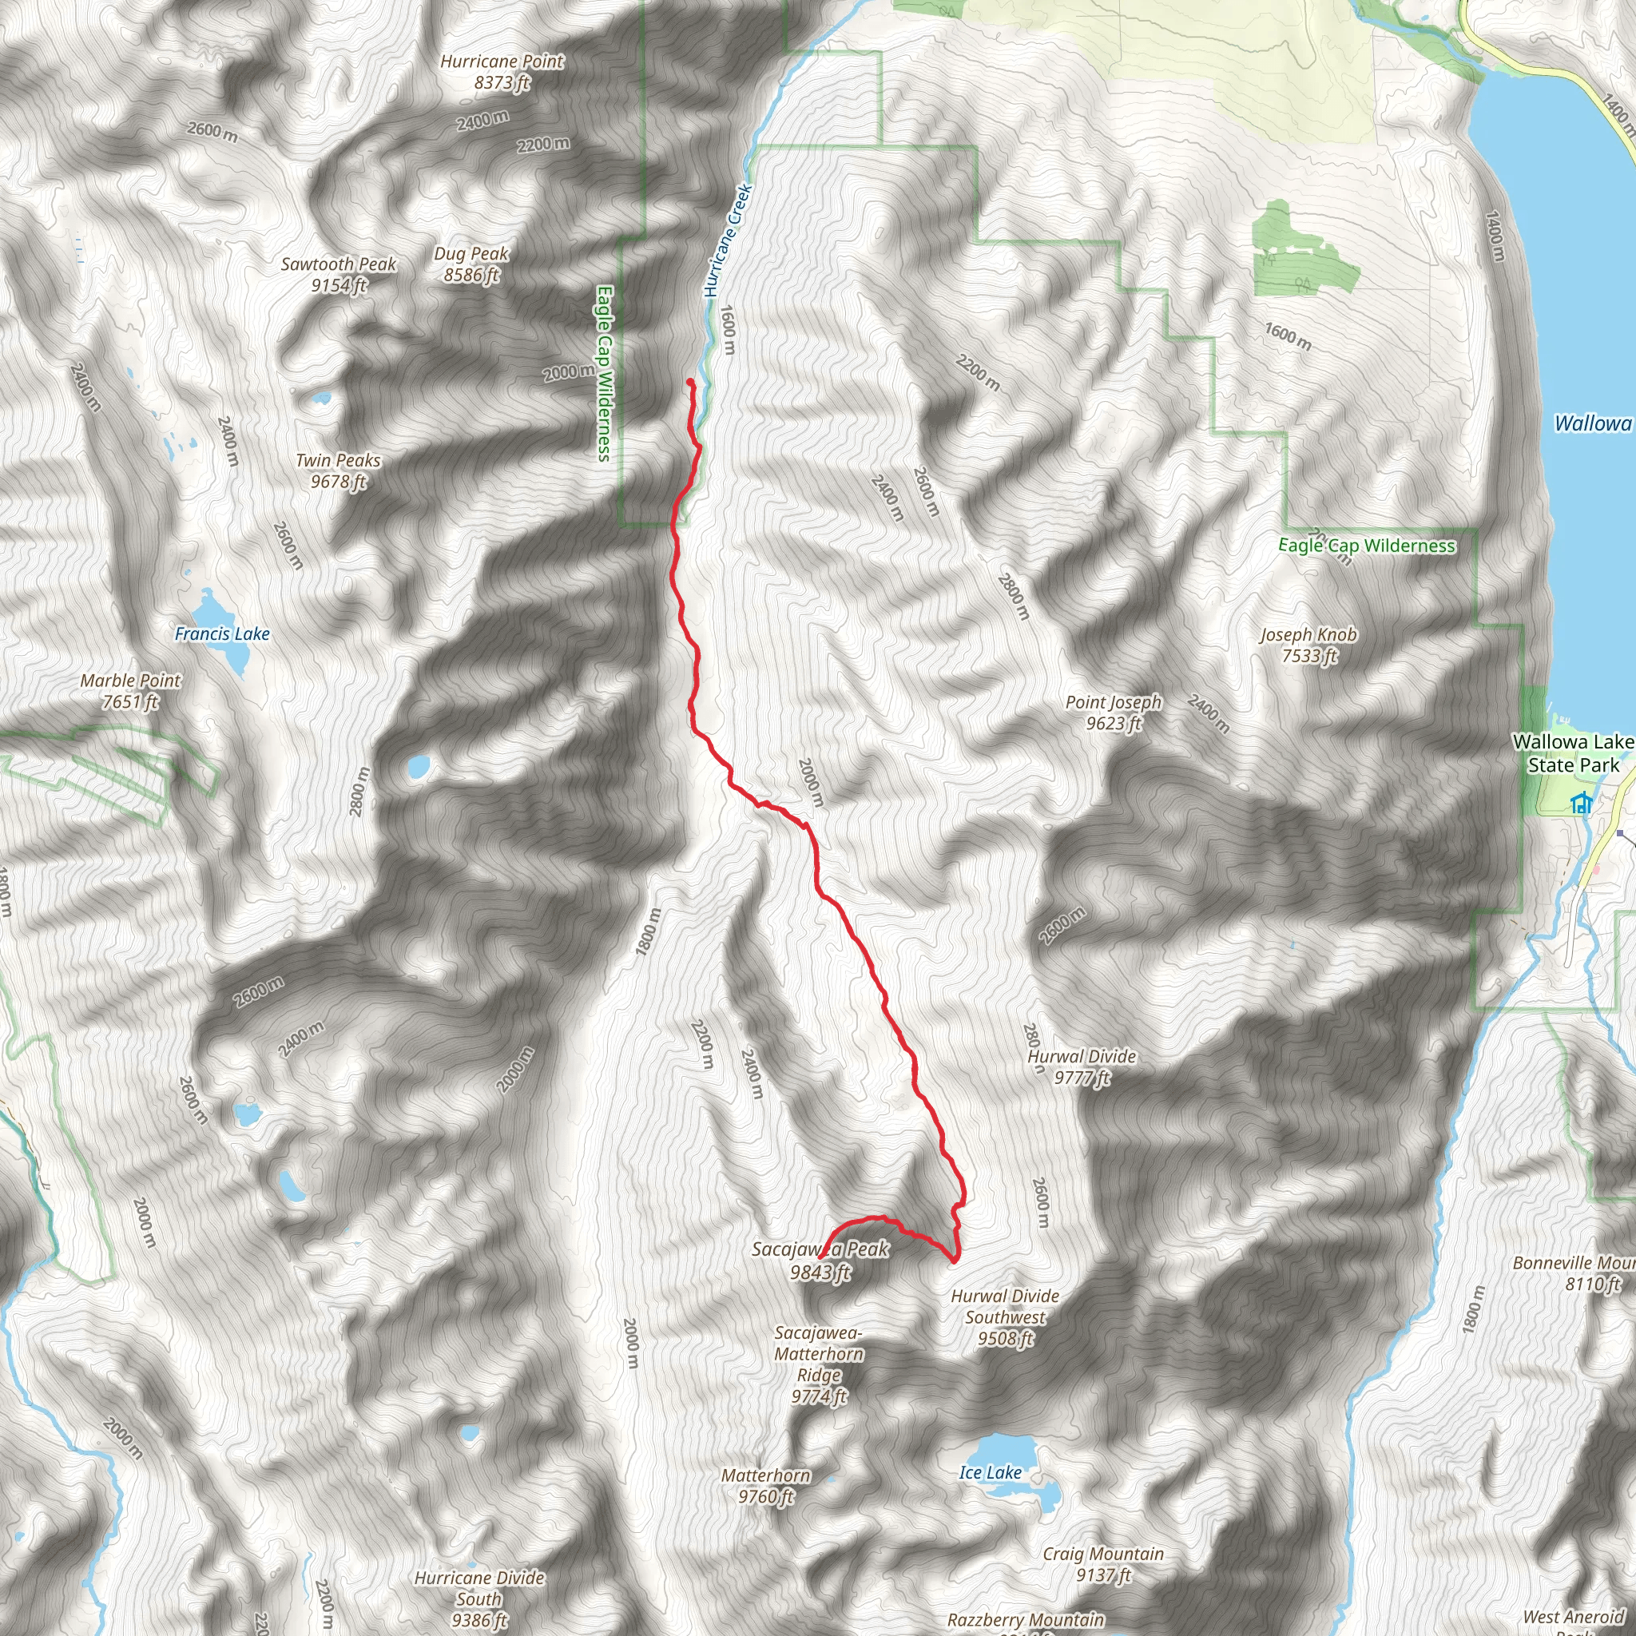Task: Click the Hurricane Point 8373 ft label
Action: coord(502,72)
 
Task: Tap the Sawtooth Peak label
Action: coord(339,274)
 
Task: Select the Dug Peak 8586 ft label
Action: coord(471,264)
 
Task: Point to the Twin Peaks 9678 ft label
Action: coord(338,471)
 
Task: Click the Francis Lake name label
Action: coord(222,633)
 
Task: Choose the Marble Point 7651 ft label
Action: coord(130,691)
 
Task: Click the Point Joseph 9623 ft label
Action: coord(1113,712)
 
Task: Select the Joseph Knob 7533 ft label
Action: coord(1308,645)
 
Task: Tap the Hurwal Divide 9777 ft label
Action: coord(1082,1067)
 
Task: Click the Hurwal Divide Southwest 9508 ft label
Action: coord(1004,1316)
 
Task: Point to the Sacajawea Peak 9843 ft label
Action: coord(820,1260)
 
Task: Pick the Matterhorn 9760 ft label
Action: coord(765,1486)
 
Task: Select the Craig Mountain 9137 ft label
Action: coord(1102,1564)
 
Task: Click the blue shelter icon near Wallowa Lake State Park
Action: coord(1580,803)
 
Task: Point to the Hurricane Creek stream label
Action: coord(728,241)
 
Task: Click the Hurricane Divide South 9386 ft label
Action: coord(479,1598)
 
